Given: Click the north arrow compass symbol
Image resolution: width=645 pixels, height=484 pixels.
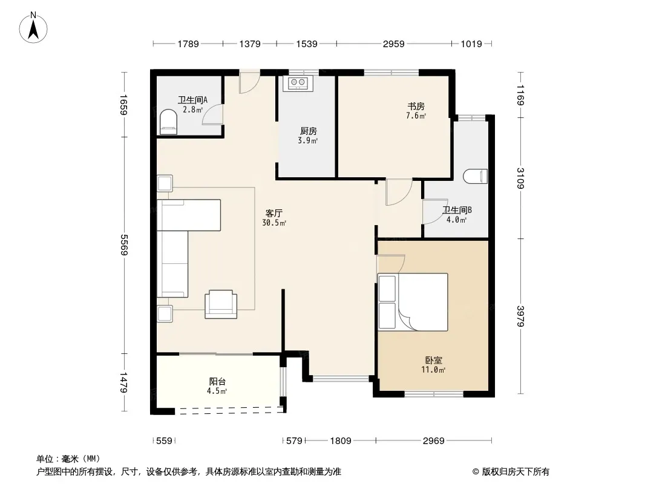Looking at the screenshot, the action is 33,28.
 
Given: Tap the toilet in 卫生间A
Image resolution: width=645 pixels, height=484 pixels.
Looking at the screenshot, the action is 168,122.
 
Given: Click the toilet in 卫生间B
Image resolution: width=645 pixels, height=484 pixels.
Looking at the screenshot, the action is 475,176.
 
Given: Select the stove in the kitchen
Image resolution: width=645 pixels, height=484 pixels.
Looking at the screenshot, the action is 298,83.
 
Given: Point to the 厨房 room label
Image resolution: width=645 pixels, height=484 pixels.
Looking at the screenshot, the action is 308,131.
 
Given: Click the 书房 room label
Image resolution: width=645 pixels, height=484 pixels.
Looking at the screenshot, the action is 416,106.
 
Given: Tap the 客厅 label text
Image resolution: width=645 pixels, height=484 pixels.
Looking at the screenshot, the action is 273,214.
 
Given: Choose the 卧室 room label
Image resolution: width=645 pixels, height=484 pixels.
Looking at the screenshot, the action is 434,360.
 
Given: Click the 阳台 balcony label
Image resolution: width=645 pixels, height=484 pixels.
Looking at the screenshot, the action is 217,382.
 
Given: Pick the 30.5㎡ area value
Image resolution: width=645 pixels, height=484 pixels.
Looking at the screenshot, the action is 274,223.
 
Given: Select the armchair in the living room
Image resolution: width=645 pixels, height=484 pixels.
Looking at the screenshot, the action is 221,304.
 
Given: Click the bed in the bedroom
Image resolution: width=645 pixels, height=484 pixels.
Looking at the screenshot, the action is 413,302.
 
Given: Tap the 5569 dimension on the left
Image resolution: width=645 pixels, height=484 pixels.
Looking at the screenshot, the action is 124,244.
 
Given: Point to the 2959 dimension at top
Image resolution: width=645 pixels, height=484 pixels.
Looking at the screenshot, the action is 394,44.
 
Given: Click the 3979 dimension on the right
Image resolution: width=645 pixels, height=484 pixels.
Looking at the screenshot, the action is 520,316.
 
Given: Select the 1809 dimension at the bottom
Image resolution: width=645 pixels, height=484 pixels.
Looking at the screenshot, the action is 341,441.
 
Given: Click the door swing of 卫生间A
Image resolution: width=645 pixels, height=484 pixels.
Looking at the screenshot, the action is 212,114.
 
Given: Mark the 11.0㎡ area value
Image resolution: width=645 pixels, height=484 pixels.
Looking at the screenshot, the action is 433,370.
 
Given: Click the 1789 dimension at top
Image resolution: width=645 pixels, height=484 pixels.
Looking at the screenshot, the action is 188,44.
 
